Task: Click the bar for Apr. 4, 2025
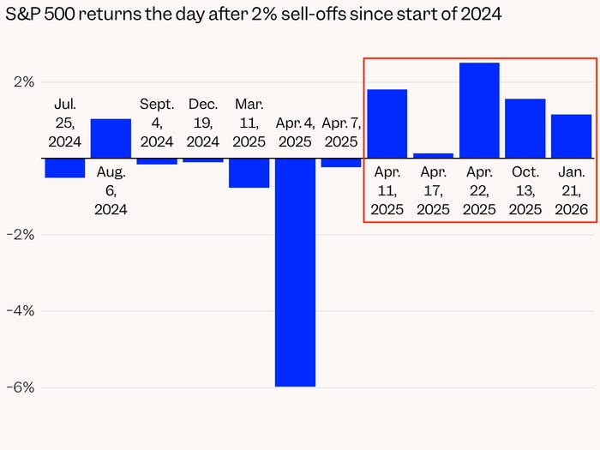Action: click(295, 272)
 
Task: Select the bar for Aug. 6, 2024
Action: click(111, 139)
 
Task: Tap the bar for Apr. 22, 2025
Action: click(479, 111)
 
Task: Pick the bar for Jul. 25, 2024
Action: click(64, 168)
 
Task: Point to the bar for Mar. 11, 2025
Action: click(249, 172)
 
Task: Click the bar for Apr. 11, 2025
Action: click(387, 123)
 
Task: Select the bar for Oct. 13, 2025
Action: click(525, 129)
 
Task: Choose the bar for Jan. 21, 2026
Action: click(572, 136)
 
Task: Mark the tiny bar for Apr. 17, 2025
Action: click(433, 156)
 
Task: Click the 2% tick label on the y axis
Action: click(24, 82)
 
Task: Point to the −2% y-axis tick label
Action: click(21, 234)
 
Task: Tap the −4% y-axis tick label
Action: click(21, 310)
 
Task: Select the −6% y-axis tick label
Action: click(21, 387)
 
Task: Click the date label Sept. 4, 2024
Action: click(157, 123)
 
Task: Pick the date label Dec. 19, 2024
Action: click(203, 123)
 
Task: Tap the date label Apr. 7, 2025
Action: click(341, 131)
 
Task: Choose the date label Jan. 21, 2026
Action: click(572, 190)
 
